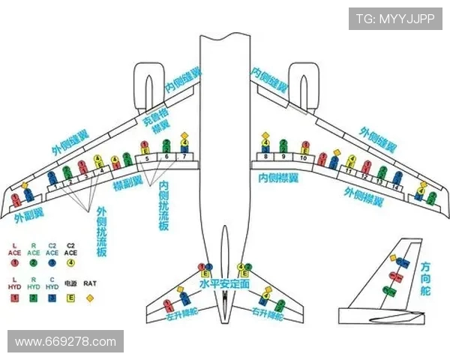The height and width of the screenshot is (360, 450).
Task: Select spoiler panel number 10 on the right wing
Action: [x=304, y=158]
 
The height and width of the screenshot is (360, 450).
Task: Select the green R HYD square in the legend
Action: [x=34, y=298]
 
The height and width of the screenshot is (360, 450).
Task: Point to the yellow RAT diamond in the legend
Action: [x=90, y=298]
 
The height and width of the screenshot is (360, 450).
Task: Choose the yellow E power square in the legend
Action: [x=72, y=298]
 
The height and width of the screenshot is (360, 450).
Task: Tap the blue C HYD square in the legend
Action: [x=52, y=298]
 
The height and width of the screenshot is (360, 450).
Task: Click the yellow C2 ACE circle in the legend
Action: [x=72, y=262]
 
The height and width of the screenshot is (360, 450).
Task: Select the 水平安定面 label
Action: [x=224, y=286]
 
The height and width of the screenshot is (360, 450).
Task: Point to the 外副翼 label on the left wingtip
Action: [x=28, y=217]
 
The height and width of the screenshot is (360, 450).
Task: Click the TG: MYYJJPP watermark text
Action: [x=395, y=19]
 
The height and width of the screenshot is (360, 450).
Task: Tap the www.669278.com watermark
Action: [x=65, y=342]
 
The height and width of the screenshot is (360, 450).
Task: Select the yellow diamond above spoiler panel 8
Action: [x=265, y=136]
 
